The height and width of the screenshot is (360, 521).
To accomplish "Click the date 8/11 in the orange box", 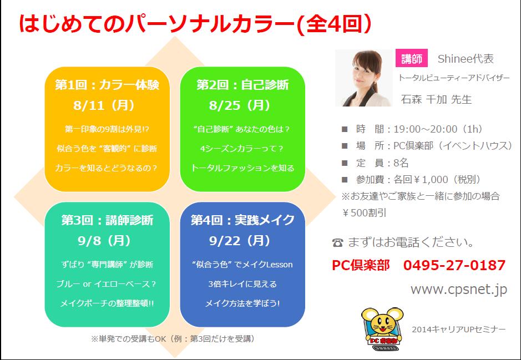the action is (x=89, y=105).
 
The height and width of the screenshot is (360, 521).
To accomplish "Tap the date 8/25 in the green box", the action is (x=225, y=105).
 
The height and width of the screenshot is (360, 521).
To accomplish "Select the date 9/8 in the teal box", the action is (x=89, y=241).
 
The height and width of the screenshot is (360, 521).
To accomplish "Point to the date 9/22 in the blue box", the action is (x=224, y=241).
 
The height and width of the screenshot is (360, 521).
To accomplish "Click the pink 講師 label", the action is (x=411, y=58).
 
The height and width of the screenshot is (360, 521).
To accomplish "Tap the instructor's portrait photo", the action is (x=364, y=78).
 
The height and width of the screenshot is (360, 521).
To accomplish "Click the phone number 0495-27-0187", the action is (x=454, y=265).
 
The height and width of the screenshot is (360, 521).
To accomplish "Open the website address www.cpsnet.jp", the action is (x=459, y=290).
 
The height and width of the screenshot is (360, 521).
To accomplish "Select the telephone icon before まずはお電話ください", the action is (x=337, y=243).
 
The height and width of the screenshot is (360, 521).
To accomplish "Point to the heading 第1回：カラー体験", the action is (x=107, y=85).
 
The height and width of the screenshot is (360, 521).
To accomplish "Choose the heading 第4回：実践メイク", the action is (x=242, y=220).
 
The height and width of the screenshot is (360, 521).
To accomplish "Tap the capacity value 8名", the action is (x=401, y=163).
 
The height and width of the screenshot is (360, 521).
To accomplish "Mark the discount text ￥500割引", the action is (x=364, y=213).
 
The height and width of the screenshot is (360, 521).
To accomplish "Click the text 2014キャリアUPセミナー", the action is (x=458, y=329).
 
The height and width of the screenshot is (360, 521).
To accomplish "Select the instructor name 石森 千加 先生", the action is (x=436, y=99).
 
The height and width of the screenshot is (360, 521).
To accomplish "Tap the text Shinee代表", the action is (x=466, y=59).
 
